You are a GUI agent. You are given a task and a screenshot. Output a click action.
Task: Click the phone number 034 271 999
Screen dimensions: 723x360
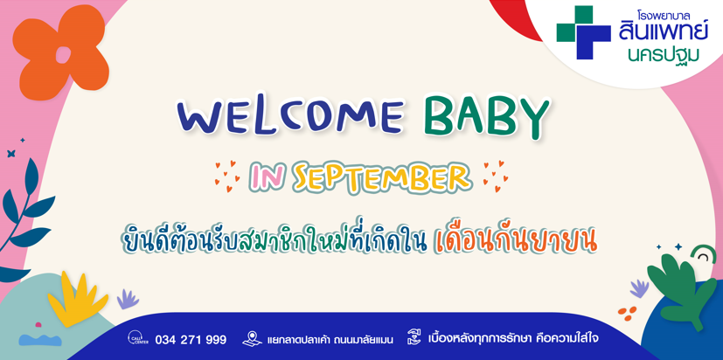pos(191,340)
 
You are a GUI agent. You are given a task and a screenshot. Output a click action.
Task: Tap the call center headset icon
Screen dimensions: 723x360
pos(137,339)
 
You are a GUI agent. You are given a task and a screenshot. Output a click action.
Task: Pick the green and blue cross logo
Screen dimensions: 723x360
pos(583,32)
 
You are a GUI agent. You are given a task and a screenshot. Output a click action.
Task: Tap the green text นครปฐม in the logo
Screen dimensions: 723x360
pos(663,54)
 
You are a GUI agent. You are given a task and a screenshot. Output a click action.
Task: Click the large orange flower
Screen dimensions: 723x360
pos(59,52)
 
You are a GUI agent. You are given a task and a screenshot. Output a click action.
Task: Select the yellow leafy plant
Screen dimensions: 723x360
pos(78,300)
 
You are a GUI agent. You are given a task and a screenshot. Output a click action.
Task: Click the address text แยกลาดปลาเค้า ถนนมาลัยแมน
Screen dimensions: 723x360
pos(330,341)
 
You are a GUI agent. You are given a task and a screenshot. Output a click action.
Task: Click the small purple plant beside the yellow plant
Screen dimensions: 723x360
pos(128,299)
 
